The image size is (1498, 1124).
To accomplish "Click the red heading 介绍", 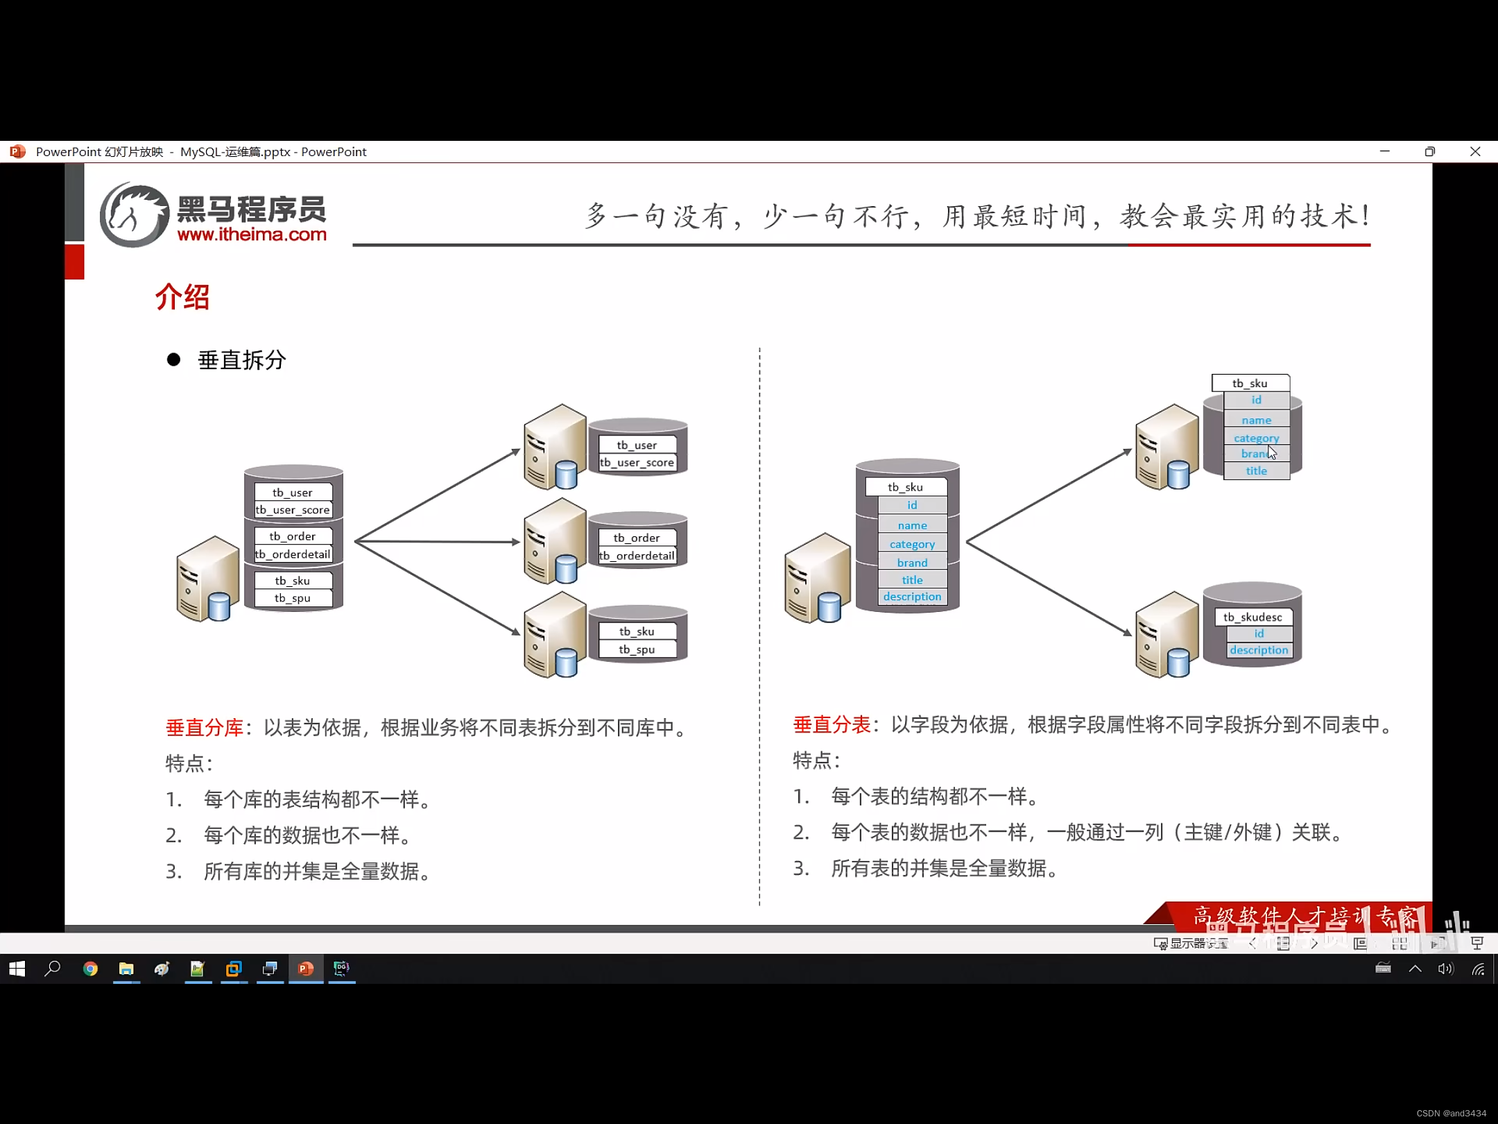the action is [182, 298].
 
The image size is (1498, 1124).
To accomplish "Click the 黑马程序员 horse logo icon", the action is [134, 215].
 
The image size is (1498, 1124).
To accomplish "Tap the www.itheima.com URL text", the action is [252, 235].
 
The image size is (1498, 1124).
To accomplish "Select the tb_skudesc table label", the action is [1252, 617].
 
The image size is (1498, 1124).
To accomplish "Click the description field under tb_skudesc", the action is [1259, 650].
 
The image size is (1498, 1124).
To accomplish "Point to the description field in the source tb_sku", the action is [912, 597].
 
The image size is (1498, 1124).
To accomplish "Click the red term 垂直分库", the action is [205, 728].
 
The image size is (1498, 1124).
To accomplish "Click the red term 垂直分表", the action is [832, 725].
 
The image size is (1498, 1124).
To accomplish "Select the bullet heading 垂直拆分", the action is [241, 360].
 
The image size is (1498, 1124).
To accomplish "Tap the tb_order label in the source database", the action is [292, 536].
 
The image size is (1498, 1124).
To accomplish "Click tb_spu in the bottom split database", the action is [637, 649].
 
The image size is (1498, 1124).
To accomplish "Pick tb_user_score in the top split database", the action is [637, 463].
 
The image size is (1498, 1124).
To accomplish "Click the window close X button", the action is [1475, 152].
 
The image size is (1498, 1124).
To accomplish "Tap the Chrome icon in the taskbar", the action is [90, 969].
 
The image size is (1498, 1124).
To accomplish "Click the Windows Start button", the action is [17, 969].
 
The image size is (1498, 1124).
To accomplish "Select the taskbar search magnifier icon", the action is [53, 969].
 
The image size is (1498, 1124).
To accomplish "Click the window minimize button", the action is [1385, 152].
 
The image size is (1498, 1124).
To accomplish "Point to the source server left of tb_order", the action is [207, 579].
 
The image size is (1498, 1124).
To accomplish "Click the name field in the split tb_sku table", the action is [1256, 420].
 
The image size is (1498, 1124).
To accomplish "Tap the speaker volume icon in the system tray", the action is [1445, 969].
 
